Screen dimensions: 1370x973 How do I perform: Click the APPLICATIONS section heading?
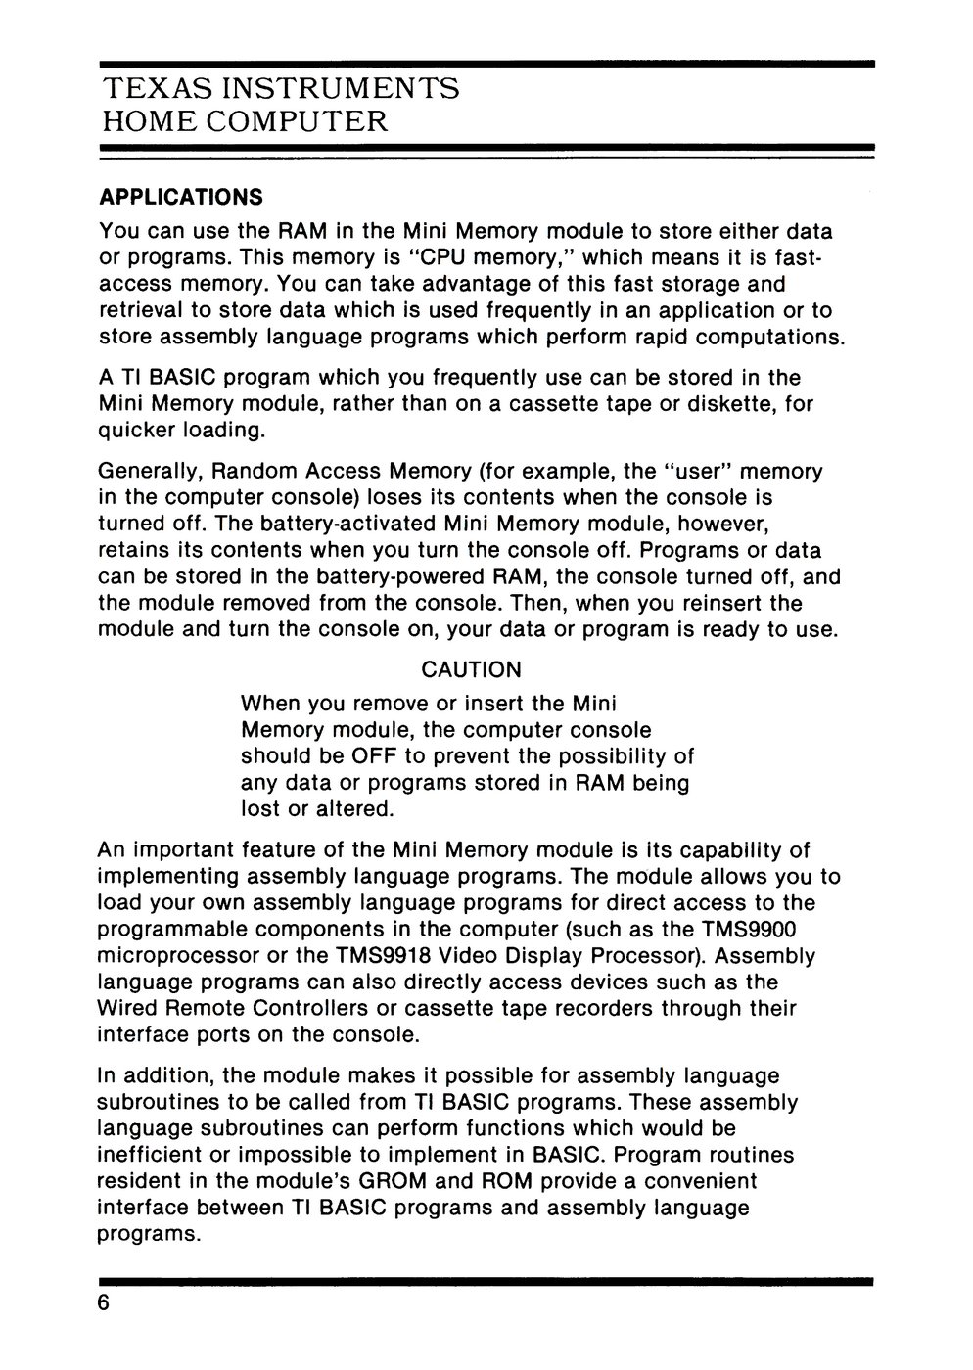click(x=181, y=197)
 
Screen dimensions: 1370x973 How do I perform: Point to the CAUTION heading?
click(x=471, y=670)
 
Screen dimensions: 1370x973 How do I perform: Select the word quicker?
click(x=135, y=430)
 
